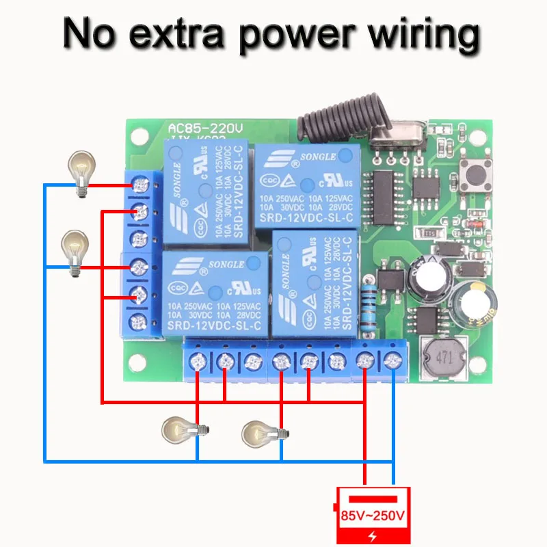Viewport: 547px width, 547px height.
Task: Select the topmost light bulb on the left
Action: (81, 172)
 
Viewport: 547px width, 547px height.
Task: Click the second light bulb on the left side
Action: (75, 252)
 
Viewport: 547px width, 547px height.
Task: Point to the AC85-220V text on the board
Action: (206, 128)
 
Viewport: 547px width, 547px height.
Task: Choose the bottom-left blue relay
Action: (213, 293)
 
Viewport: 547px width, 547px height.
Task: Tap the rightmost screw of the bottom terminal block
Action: (392, 360)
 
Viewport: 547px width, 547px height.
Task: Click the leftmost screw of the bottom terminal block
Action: (198, 361)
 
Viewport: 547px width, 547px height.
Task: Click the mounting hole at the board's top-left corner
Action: (141, 137)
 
